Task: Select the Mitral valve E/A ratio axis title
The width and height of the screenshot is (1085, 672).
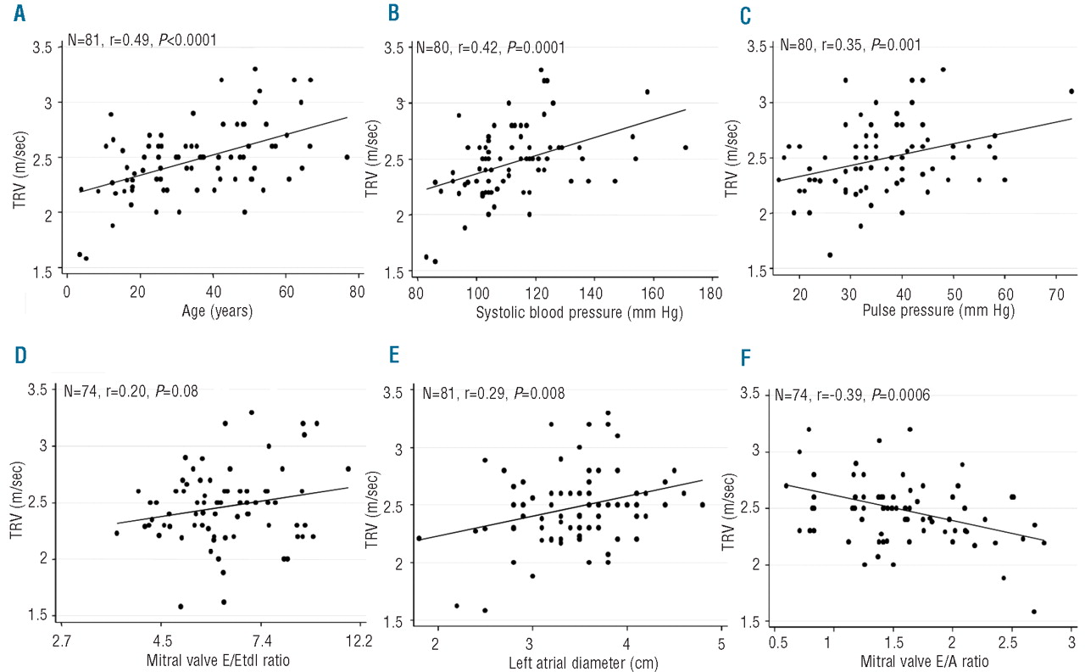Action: tap(924, 660)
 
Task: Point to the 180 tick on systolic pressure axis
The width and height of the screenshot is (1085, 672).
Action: tap(710, 293)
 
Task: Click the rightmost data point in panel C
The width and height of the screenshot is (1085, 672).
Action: tap(1071, 91)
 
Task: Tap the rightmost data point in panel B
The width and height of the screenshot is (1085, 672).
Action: tap(685, 147)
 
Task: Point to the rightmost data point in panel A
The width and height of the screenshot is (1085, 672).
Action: tap(347, 157)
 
